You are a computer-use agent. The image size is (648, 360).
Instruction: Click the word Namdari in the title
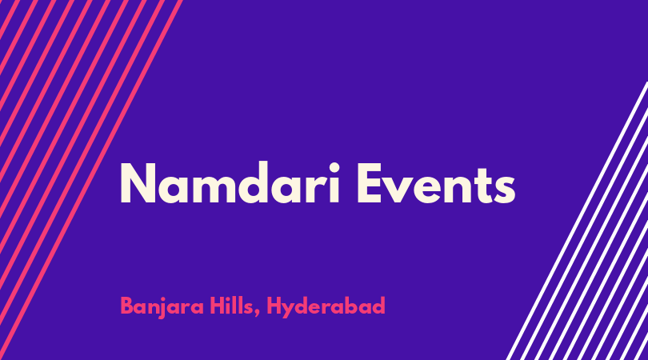coord(230,182)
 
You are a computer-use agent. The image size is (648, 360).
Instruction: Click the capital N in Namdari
coord(138,183)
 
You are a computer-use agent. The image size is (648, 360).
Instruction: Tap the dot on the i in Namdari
coord(334,168)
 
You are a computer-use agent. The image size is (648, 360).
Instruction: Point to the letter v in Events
coord(403,190)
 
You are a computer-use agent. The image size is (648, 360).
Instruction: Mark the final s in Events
coord(506,190)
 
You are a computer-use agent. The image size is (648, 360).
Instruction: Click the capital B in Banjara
coord(127,306)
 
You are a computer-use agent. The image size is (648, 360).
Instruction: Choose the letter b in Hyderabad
coord(358,306)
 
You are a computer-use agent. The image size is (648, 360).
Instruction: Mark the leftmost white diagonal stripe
coord(578,221)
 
